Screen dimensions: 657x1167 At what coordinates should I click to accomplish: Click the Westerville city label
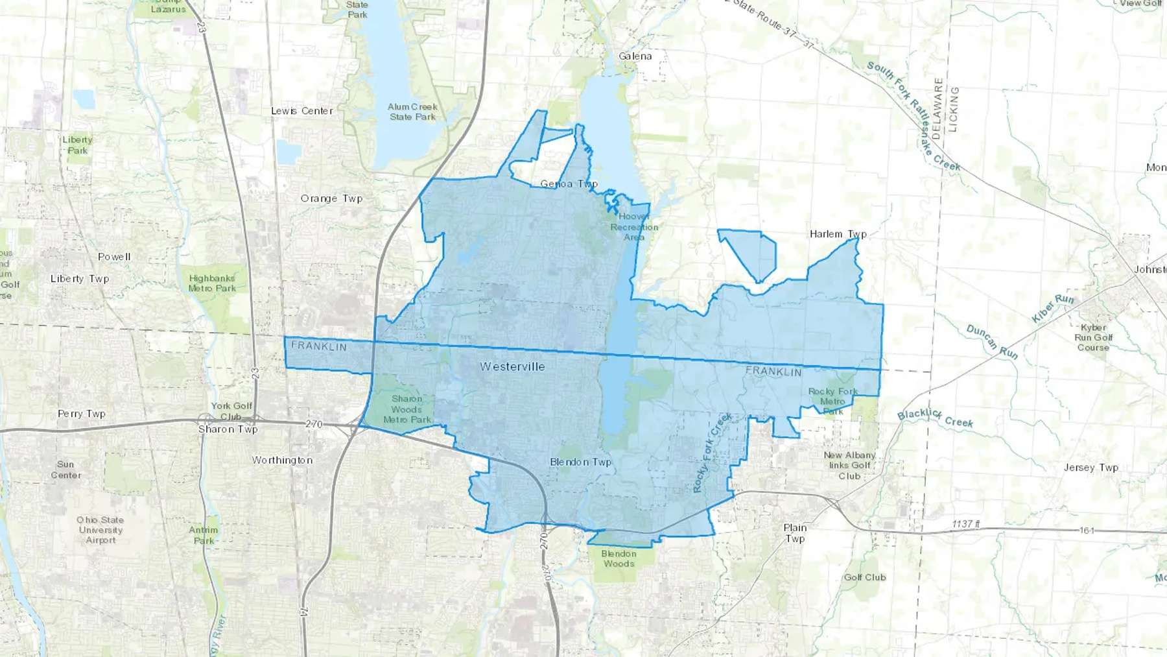[x=512, y=367]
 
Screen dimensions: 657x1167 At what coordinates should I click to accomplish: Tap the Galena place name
[x=635, y=56]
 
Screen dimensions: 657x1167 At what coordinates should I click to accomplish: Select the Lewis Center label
[x=301, y=111]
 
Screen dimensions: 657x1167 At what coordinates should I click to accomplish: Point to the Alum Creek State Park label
[x=412, y=112]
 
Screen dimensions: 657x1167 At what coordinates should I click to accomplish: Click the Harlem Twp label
[x=838, y=234]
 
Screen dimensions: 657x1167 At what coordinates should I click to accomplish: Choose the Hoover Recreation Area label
[x=633, y=227]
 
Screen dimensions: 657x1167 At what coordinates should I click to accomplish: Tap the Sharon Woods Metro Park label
[x=407, y=409]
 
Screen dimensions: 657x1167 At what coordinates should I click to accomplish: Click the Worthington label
[x=282, y=460]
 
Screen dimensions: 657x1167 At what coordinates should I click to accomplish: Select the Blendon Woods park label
[x=619, y=558]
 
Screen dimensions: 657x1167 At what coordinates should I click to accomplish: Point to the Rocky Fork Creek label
[x=712, y=452]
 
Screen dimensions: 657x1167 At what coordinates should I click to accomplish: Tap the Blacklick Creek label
[x=935, y=418]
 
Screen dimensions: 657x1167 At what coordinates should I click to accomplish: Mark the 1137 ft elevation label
[x=966, y=524]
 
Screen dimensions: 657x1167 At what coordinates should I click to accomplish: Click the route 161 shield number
[x=1087, y=531]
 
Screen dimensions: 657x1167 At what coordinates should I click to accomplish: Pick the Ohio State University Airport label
[x=100, y=530]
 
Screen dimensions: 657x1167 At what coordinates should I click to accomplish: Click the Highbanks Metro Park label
[x=212, y=283]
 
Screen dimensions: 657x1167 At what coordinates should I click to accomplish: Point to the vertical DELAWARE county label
[x=937, y=108]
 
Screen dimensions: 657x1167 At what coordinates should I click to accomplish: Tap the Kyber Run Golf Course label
[x=1093, y=338]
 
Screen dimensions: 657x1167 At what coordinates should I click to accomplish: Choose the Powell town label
[x=114, y=257]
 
